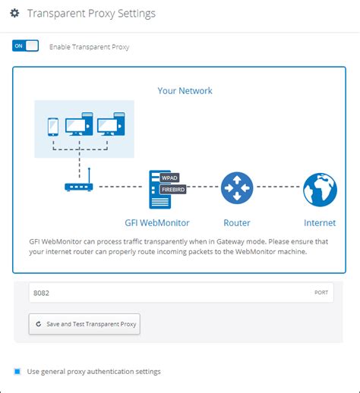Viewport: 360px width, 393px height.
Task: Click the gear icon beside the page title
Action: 14,14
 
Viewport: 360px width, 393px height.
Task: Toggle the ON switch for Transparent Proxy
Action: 25,46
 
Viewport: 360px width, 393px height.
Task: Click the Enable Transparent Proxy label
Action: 89,47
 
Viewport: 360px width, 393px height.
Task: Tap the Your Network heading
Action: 185,91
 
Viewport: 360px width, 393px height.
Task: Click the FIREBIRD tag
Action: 173,190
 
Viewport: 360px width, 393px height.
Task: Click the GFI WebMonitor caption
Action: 156,223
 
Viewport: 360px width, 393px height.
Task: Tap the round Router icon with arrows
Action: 236,187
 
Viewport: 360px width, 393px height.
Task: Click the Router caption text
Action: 236,223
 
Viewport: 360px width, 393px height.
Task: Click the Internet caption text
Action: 320,223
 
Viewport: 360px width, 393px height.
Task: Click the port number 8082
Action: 41,292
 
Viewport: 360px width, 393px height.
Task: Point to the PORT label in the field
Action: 321,292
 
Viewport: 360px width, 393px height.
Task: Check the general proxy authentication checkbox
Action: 17,371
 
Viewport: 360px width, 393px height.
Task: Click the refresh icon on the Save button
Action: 39,324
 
